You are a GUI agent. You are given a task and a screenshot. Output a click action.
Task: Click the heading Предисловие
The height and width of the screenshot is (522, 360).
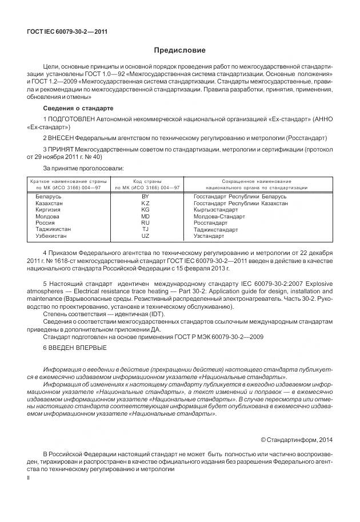(x=179, y=50)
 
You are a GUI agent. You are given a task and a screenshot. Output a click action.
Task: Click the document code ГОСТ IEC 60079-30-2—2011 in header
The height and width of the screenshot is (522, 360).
(x=67, y=32)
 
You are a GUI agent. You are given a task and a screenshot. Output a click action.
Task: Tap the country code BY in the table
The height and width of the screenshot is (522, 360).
(x=145, y=196)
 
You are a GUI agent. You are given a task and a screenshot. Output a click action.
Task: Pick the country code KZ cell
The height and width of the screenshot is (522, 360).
(x=145, y=203)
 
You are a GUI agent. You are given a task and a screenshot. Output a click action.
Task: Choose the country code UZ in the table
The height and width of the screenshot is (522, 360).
(x=145, y=236)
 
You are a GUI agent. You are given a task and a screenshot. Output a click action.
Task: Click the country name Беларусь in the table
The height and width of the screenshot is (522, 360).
(x=49, y=196)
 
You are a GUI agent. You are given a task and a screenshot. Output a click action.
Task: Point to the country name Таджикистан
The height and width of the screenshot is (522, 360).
(x=53, y=229)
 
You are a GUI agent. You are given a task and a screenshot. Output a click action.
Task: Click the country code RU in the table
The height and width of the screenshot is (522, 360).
(x=145, y=222)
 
